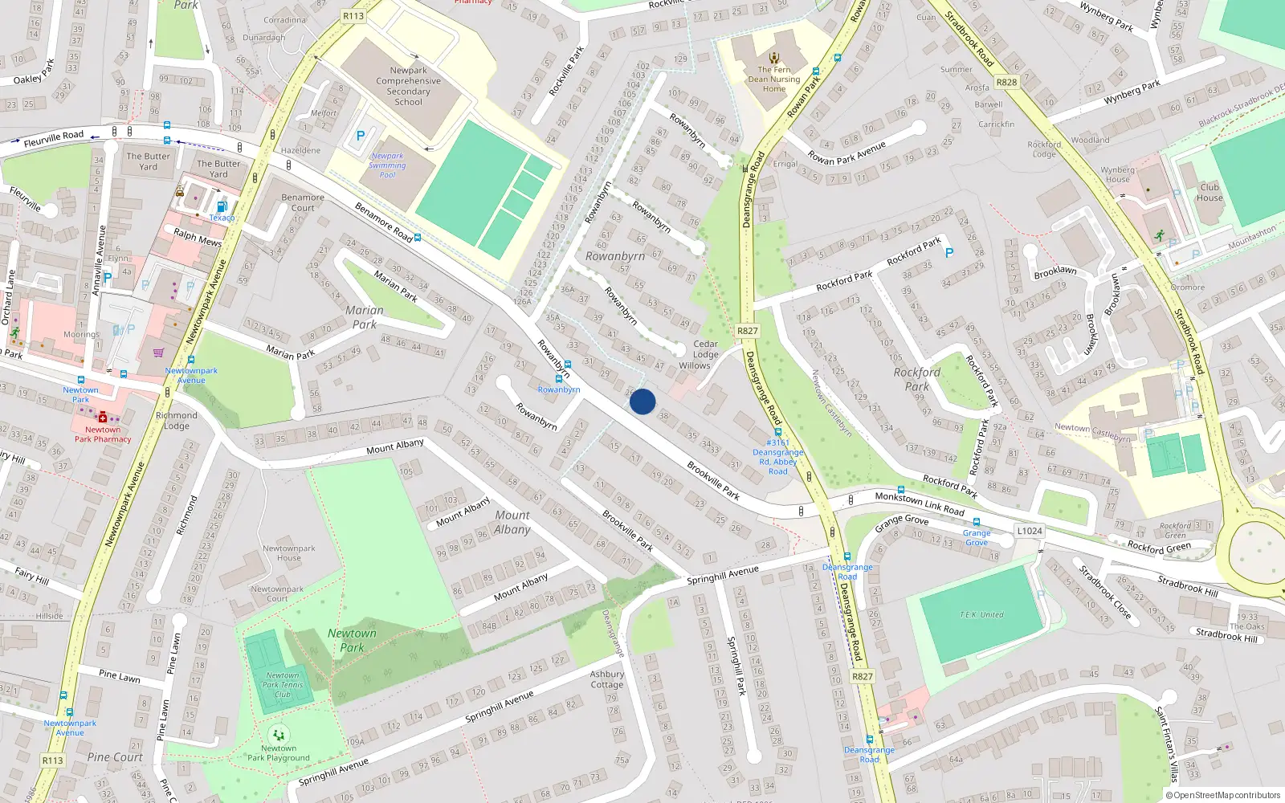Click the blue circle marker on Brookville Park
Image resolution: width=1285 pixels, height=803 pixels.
pos(642,401)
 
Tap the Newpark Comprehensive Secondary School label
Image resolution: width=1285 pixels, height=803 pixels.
pos(408,86)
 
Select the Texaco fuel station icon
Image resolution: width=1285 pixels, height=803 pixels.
pos(222,207)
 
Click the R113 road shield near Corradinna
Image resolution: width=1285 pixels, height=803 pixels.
pos(353,15)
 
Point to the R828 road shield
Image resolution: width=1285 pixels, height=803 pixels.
pos(1006,82)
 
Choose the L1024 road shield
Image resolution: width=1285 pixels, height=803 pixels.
pos(1030,531)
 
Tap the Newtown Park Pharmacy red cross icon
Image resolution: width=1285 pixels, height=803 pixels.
pos(103,417)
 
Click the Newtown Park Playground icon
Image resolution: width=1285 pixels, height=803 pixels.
pos(279,734)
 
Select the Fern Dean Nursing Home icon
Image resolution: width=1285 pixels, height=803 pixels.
pos(774,58)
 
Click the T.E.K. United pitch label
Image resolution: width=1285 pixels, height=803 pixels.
pos(981,615)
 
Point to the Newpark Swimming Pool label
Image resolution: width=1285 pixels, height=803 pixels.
pos(387,165)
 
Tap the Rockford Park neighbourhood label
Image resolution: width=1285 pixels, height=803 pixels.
pos(916,379)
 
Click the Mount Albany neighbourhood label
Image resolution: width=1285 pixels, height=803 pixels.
pos(512,522)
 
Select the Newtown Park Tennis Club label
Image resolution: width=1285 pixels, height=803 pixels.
pos(283,685)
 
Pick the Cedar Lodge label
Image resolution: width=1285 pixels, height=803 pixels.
pos(706,349)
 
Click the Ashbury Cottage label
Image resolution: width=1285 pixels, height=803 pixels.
pos(607,679)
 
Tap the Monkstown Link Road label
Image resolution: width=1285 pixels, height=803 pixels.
pos(920,503)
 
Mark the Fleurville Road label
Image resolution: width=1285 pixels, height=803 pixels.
pos(54,139)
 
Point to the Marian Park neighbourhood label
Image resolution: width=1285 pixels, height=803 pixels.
pos(365,317)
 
